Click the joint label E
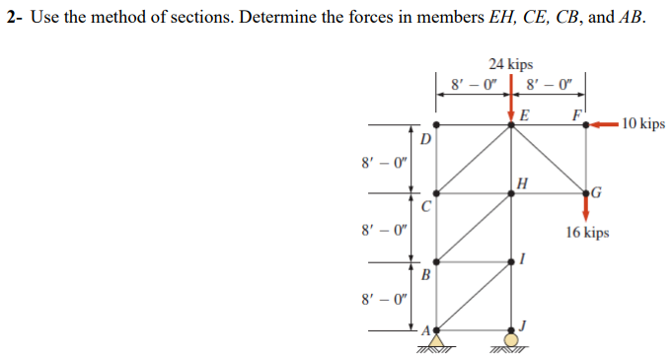(x=523, y=114)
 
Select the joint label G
(x=598, y=190)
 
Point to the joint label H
(x=523, y=181)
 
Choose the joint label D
(x=426, y=141)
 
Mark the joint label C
(x=425, y=207)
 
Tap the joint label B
(x=425, y=274)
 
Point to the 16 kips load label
(x=587, y=233)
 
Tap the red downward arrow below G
(x=587, y=207)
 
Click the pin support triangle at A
(x=435, y=337)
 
